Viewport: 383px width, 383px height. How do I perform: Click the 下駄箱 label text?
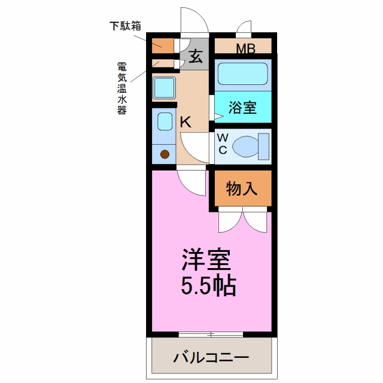(x=125, y=26)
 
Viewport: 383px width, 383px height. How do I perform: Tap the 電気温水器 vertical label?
(x=122, y=88)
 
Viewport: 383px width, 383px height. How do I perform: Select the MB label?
(x=246, y=48)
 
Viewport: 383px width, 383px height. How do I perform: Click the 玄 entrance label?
(x=196, y=57)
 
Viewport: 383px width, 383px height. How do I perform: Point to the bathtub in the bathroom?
(x=242, y=74)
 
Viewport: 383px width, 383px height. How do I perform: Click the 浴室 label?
(x=242, y=107)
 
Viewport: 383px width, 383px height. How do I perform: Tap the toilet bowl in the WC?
(x=245, y=147)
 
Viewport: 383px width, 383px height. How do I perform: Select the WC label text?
(x=223, y=144)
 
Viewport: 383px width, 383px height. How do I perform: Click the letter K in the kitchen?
(x=186, y=121)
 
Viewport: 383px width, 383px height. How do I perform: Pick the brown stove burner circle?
(x=165, y=154)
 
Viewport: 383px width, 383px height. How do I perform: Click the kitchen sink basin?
(x=165, y=121)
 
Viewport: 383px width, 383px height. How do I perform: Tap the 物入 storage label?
(x=242, y=189)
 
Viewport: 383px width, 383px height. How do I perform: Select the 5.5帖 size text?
(x=208, y=285)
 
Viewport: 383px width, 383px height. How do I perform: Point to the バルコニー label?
(x=211, y=358)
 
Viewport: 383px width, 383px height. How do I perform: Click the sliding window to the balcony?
(x=211, y=335)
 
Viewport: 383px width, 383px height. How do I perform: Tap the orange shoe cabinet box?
(x=163, y=45)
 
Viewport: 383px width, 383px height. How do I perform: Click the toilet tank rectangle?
(x=264, y=147)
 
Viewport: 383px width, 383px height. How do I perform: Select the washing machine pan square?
(x=164, y=88)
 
